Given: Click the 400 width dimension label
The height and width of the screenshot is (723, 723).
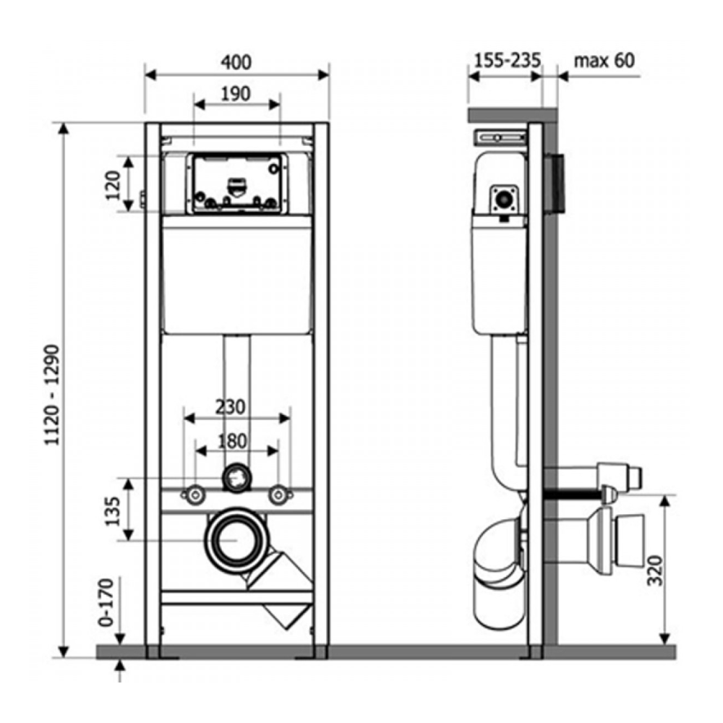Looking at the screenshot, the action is pyautogui.click(x=236, y=62).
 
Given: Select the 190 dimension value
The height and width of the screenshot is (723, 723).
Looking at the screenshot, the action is pyautogui.click(x=236, y=94).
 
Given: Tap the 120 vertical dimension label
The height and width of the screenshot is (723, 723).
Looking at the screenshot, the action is pyautogui.click(x=113, y=185).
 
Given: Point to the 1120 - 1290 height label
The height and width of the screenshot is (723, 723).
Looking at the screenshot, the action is pyautogui.click(x=52, y=395).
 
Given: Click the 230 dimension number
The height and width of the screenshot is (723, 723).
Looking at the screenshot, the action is pyautogui.click(x=231, y=406).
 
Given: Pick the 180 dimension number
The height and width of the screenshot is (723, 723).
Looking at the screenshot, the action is pyautogui.click(x=232, y=441).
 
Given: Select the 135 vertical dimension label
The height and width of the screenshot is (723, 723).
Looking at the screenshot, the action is pyautogui.click(x=113, y=511).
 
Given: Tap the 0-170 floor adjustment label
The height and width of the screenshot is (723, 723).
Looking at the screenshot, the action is pyautogui.click(x=106, y=602).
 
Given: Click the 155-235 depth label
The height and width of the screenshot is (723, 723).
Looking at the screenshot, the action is pyautogui.click(x=508, y=61).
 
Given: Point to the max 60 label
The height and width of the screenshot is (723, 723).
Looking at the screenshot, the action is pyautogui.click(x=604, y=61).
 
